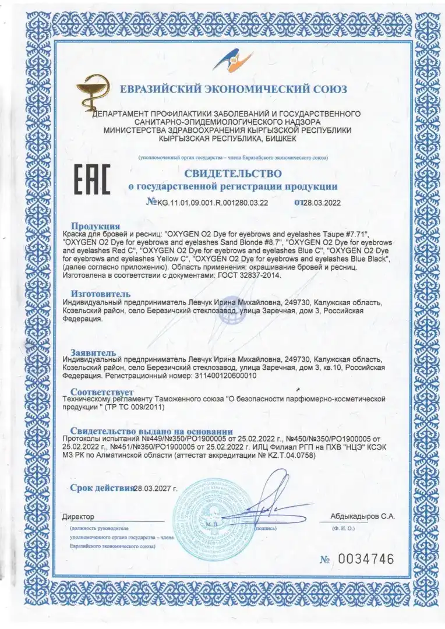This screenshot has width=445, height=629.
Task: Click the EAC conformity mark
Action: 92,180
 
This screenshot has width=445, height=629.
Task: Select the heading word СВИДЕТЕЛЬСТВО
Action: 233,174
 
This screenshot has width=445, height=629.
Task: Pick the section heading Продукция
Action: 96,225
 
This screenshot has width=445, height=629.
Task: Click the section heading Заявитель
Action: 96,353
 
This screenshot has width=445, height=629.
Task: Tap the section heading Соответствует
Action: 102,391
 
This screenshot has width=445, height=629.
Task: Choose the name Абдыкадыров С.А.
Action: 362,516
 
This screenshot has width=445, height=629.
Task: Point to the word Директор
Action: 78,517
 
